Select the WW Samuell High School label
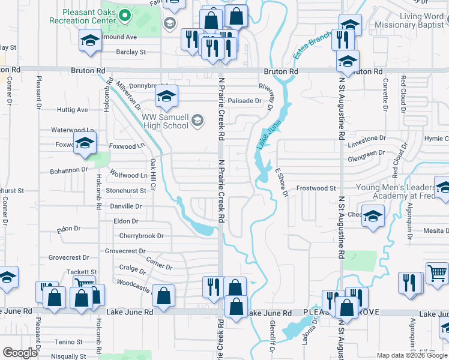[x=166, y=121]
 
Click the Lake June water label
[x=265, y=136]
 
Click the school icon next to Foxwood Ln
[x=85, y=143]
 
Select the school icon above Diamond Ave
[x=90, y=40]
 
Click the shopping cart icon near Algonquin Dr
[x=437, y=273]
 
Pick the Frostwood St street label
[x=316, y=188]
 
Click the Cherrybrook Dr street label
[x=141, y=236]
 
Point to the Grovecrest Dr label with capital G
[x=125, y=251]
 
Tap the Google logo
[x=20, y=352]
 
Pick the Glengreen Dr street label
[x=366, y=153]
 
